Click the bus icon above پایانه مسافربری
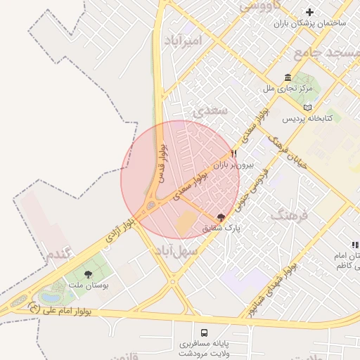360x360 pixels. [x=204, y=332]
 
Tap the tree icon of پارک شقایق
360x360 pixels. [x=222, y=217]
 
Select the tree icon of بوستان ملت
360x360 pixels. [x=88, y=274]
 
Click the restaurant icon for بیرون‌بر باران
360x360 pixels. [x=234, y=153]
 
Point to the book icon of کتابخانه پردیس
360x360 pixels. [x=307, y=107]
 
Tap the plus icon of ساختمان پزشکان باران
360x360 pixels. [x=309, y=12]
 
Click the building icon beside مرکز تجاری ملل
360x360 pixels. [x=287, y=77]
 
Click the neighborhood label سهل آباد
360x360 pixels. [x=176, y=250]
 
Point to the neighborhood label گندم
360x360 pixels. [x=58, y=255]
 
